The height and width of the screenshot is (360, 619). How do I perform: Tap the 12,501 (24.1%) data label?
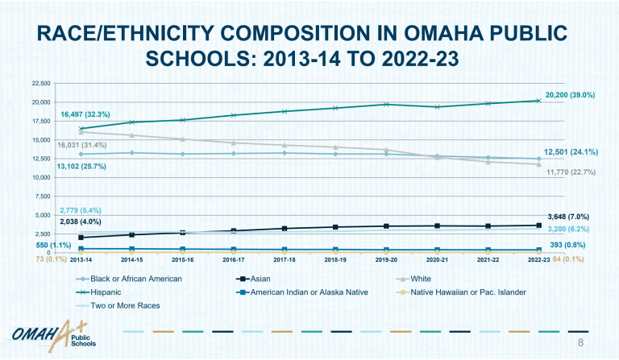[x=569, y=151]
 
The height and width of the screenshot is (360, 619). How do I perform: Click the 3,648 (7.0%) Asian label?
[x=568, y=217]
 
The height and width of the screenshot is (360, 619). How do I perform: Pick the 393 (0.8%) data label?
[x=567, y=245]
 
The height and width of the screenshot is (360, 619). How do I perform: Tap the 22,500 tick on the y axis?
[x=40, y=83]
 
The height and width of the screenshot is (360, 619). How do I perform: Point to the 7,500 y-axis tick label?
[x=43, y=197]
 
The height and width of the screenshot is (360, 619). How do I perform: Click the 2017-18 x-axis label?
[x=284, y=261]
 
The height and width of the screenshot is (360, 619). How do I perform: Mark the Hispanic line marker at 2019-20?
[x=386, y=104]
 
